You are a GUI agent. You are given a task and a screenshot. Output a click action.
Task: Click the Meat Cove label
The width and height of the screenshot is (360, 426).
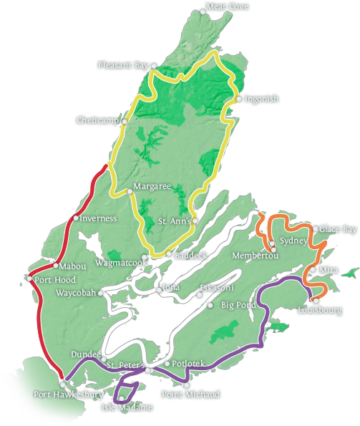click(228, 7)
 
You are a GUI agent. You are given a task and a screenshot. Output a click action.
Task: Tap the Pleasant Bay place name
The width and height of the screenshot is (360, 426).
click(122, 65)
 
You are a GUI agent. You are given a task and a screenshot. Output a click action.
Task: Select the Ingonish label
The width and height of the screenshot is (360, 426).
click(261, 100)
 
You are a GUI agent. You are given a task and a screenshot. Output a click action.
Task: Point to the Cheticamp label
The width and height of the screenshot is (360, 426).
click(97, 120)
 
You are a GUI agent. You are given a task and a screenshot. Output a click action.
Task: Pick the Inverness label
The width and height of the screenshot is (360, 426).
click(99, 218)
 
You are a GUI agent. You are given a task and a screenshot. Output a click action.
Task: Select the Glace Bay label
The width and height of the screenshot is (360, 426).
click(337, 229)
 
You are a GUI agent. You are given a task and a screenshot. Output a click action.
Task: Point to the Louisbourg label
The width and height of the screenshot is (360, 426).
click(319, 311)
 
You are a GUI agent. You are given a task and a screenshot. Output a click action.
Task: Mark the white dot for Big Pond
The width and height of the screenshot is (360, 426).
click(210, 305)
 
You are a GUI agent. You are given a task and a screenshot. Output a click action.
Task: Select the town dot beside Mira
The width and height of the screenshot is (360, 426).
click(312, 270)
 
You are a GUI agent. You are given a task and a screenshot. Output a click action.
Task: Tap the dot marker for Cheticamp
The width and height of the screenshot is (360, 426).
click(125, 122)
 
